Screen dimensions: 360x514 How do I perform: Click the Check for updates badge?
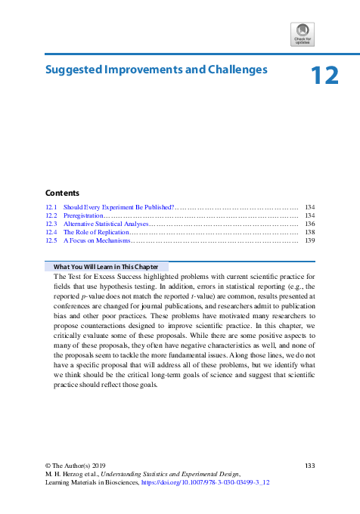[x=302, y=35]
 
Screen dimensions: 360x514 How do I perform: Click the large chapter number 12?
[x=324, y=76]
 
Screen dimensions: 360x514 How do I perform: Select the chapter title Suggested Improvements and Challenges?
[x=157, y=70]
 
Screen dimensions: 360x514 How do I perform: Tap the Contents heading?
[x=62, y=193]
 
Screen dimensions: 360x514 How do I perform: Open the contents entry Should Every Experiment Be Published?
[x=119, y=206]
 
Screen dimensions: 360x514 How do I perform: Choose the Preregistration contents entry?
[x=83, y=215]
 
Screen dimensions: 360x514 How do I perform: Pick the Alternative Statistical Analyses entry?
[x=106, y=224]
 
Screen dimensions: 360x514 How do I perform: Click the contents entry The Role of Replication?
[x=95, y=232]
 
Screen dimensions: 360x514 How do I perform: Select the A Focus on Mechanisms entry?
[x=97, y=240]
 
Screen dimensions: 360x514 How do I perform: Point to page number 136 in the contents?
[x=309, y=224]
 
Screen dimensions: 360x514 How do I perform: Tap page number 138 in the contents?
[x=309, y=232]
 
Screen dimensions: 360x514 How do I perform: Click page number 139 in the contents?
[x=309, y=240]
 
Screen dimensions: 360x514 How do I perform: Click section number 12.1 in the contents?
[x=51, y=206]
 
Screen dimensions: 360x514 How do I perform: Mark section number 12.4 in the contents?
[x=51, y=232]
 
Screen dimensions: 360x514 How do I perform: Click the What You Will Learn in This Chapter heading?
[x=107, y=267]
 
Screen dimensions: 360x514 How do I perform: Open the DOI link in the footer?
[x=216, y=481]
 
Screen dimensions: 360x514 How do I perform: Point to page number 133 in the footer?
[x=309, y=464]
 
